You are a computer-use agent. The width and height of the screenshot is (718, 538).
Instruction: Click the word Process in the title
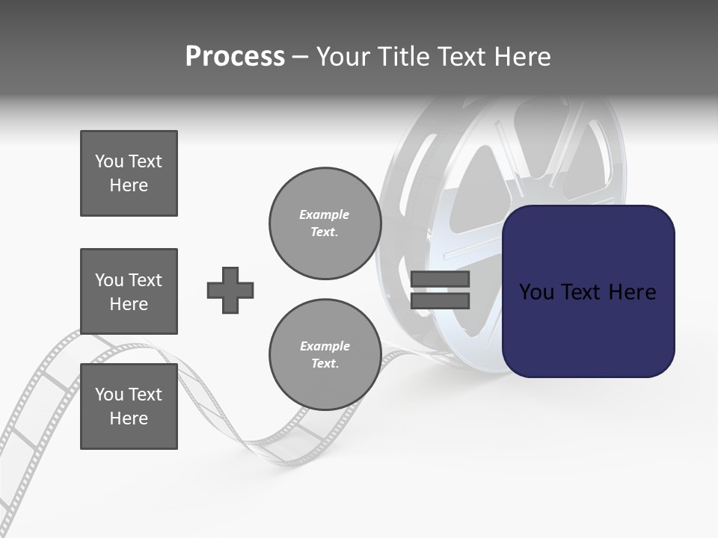point(235,57)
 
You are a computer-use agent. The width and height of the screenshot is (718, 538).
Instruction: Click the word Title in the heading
point(403,57)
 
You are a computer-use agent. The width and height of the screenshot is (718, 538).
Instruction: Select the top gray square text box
point(129,173)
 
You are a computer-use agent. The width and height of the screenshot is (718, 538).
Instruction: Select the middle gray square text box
point(129,291)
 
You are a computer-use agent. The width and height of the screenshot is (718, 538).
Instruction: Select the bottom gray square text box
point(129,406)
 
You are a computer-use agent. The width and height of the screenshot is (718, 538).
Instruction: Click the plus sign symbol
point(230,290)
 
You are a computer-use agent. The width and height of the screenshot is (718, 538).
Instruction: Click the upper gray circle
point(325,223)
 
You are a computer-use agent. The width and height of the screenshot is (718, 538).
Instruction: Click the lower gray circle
point(325,355)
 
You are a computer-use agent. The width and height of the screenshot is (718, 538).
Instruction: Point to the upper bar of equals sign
point(440,279)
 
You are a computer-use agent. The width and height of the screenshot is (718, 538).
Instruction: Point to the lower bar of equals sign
point(440,300)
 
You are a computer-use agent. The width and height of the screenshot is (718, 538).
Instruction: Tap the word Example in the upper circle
point(324,214)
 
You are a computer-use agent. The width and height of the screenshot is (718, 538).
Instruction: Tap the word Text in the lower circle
point(324,364)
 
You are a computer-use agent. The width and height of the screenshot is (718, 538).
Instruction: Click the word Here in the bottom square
point(129,418)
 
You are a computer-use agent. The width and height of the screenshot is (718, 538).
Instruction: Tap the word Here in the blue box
point(633,292)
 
